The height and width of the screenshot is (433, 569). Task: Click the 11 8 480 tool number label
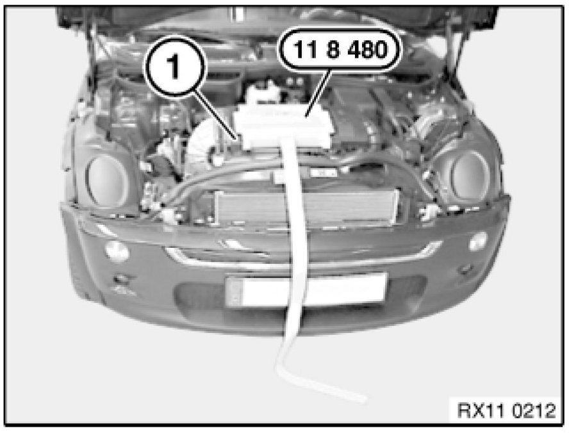click(340, 49)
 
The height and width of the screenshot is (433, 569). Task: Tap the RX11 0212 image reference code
click(506, 411)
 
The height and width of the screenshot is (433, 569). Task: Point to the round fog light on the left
click(117, 251)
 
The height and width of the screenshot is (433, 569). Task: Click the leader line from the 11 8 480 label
click(318, 94)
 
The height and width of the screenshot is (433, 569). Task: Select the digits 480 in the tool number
click(368, 49)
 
